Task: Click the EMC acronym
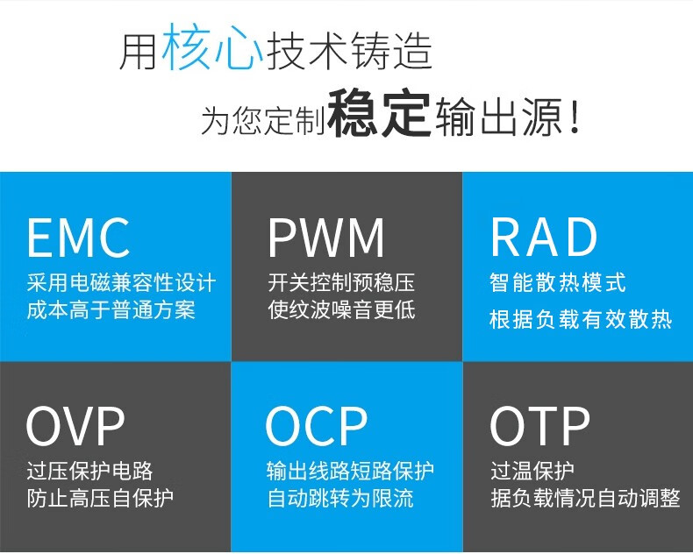(78, 238)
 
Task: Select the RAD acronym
(544, 238)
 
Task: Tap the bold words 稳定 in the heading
(379, 115)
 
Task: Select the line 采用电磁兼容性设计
(121, 284)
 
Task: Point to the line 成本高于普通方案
(111, 310)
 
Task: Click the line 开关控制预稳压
(341, 284)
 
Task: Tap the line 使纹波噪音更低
(341, 310)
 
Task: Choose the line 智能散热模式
(558, 283)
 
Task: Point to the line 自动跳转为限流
(340, 499)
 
